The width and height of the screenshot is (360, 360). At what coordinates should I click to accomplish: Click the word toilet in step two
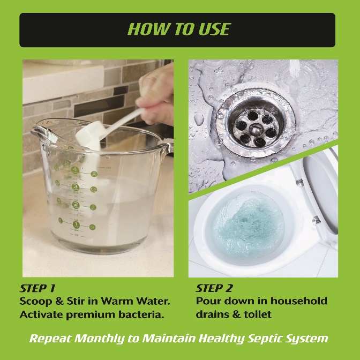[257, 314]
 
